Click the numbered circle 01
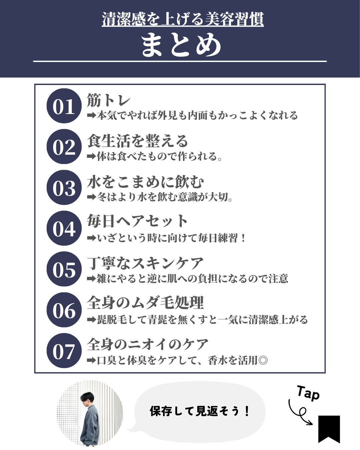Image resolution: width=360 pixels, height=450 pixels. [x=64, y=106]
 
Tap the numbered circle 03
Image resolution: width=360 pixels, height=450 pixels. [x=64, y=187]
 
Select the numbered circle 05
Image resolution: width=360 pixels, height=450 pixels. [x=64, y=269]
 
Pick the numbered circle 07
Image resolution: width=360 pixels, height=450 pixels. [x=64, y=351]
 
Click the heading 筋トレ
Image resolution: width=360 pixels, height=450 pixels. [x=109, y=100]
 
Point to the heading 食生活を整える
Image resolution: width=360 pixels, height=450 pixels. [x=137, y=141]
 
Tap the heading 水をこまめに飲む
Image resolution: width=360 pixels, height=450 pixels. [x=145, y=182]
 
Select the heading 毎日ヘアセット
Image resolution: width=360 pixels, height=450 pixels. [x=137, y=221]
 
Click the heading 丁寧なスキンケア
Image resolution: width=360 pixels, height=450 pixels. [x=145, y=263]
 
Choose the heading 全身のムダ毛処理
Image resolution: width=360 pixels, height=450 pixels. [x=145, y=302]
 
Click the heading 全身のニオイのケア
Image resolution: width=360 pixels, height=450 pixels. [x=148, y=344]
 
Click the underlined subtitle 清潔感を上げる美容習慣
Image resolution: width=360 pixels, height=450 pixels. [x=183, y=19]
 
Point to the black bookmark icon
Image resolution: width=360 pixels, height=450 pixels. [x=329, y=429]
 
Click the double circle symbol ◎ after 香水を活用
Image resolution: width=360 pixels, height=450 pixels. [x=263, y=360]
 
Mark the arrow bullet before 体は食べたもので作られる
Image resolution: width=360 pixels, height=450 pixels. [x=91, y=156]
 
